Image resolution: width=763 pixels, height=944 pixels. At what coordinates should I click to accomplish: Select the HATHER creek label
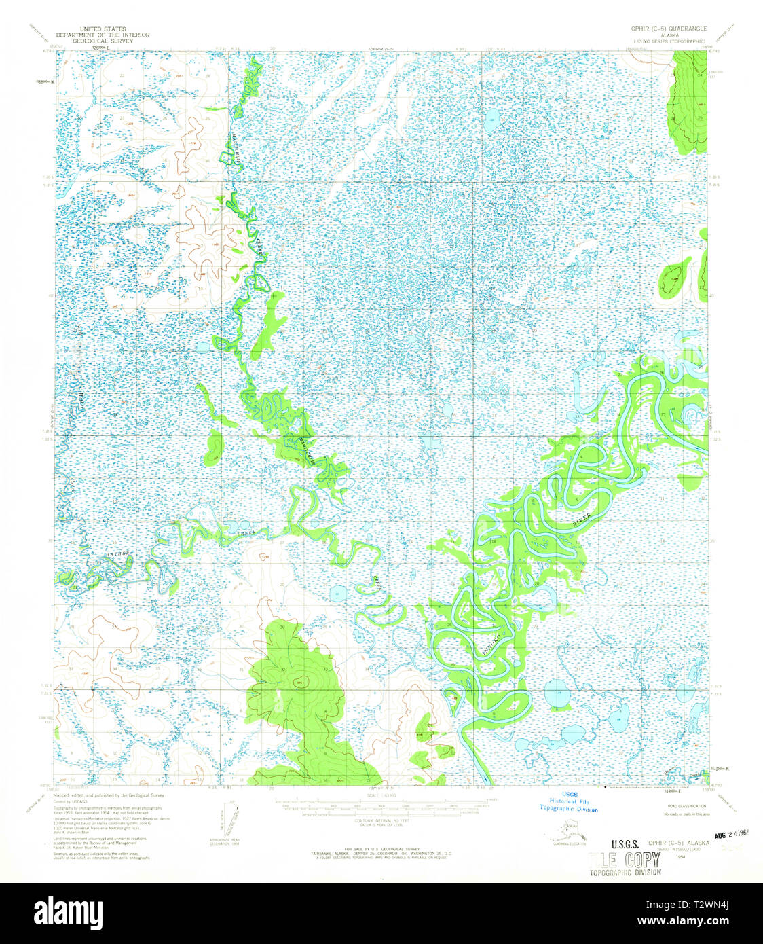117,556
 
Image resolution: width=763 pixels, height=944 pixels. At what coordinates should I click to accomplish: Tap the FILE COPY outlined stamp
625,859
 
